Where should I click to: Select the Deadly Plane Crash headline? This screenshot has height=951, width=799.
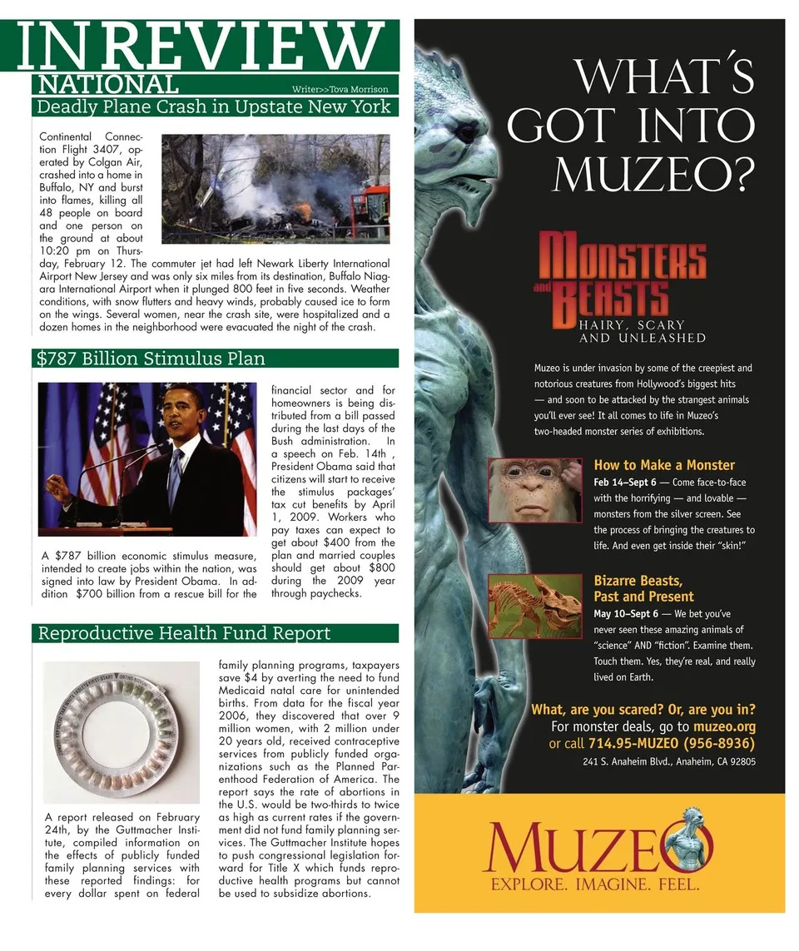(214, 106)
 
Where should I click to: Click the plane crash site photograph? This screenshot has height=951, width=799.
(275, 189)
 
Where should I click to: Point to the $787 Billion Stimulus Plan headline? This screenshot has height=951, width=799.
(151, 359)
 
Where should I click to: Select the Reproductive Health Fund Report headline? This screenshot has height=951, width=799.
(185, 634)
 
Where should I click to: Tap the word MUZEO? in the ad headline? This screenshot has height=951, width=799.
(654, 172)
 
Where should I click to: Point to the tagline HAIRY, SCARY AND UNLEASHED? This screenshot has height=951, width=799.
(642, 331)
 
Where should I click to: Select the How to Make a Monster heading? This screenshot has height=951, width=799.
(664, 465)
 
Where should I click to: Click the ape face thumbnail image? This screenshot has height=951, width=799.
(534, 490)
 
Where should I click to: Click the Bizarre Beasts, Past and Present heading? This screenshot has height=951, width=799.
(643, 588)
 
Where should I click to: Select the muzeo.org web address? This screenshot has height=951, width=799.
(724, 726)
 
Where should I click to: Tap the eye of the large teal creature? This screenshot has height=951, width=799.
(464, 131)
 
